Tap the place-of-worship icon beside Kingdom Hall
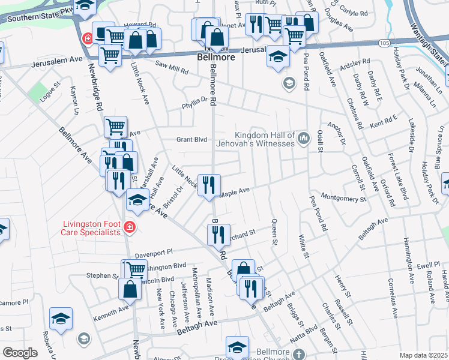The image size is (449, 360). (x=303, y=139)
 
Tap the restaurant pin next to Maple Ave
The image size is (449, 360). (x=208, y=184)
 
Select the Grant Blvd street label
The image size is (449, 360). (x=191, y=140)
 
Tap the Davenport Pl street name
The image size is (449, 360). (x=154, y=253)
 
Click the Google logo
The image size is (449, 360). (x=20, y=353)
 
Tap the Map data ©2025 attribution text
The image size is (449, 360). (x=423, y=355)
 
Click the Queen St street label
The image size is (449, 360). (x=275, y=232)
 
